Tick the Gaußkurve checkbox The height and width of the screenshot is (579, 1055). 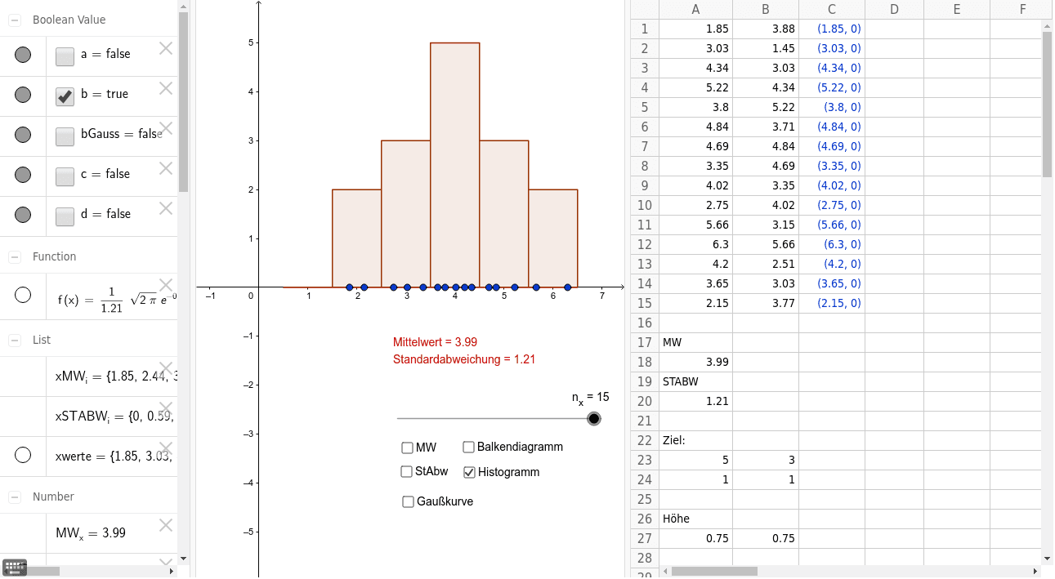point(408,501)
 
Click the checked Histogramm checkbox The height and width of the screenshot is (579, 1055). point(469,472)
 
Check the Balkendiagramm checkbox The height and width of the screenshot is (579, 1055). point(469,447)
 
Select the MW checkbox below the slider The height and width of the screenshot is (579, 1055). point(407,448)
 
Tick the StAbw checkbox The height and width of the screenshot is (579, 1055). point(407,471)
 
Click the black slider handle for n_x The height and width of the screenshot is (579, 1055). point(594,419)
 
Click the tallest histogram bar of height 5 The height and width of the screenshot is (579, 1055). point(454,163)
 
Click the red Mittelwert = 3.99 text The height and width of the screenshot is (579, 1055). point(442,342)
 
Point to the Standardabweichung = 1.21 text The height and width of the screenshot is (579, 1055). point(463,359)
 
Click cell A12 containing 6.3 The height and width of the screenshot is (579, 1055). point(695,244)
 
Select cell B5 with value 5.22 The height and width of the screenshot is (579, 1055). point(765,107)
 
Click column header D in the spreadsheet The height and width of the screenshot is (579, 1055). point(893,10)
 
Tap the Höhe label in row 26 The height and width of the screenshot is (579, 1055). point(677,519)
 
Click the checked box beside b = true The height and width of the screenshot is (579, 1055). point(65,96)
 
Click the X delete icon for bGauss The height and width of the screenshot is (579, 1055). point(166,128)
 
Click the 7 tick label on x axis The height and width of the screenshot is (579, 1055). point(602,296)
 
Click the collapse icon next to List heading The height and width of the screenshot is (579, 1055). point(15,340)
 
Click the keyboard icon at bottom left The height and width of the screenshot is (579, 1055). point(15,567)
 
